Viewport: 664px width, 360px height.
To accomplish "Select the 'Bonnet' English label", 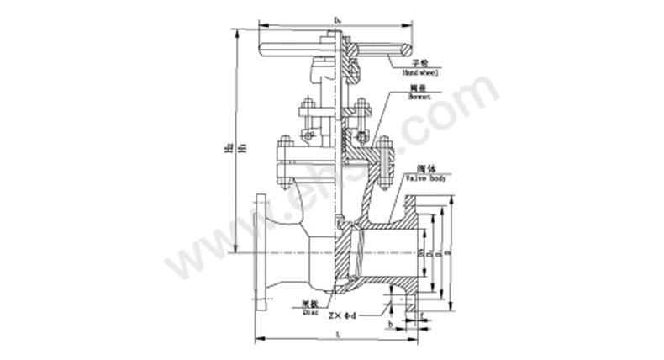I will pos(419,98).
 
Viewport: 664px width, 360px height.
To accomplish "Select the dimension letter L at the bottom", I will pos(337,333).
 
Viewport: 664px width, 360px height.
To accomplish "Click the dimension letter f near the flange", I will pos(421,317).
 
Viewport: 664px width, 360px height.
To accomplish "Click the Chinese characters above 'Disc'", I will pos(309,302).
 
